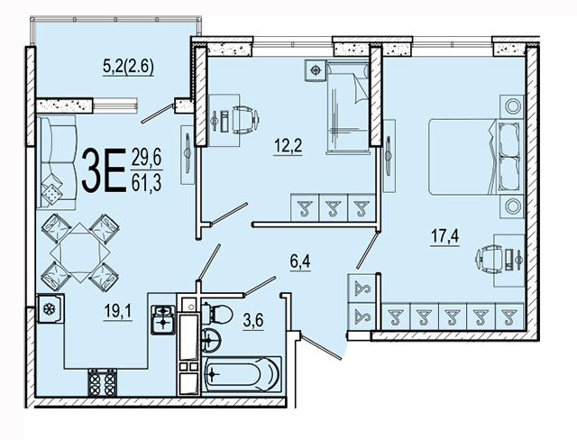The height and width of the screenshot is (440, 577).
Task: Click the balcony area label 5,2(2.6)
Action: click(x=128, y=67)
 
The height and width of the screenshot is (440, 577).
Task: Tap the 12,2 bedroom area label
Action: click(x=288, y=146)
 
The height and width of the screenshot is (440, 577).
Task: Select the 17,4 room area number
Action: click(x=444, y=235)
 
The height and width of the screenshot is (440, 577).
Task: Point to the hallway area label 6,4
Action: click(x=300, y=261)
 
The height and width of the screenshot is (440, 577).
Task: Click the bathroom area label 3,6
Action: click(x=253, y=320)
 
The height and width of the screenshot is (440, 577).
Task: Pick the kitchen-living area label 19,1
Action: click(x=118, y=312)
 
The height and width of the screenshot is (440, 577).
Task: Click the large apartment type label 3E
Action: click(x=104, y=170)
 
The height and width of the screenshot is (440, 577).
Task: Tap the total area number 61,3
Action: click(x=146, y=183)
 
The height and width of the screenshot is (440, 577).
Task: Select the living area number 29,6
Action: click(x=146, y=159)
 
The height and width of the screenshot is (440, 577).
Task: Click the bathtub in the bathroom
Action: click(x=242, y=374)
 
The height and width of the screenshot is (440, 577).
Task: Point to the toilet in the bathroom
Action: click(x=218, y=315)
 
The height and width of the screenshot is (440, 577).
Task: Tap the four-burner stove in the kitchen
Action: click(x=102, y=382)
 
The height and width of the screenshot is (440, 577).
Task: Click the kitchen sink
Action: click(x=163, y=320)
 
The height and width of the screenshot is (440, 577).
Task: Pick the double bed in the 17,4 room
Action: click(x=476, y=157)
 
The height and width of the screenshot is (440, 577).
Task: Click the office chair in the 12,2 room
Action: click(x=245, y=119)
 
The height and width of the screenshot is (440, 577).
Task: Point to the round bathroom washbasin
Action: click(x=211, y=340)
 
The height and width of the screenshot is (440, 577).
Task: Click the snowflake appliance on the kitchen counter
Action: click(x=50, y=309)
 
